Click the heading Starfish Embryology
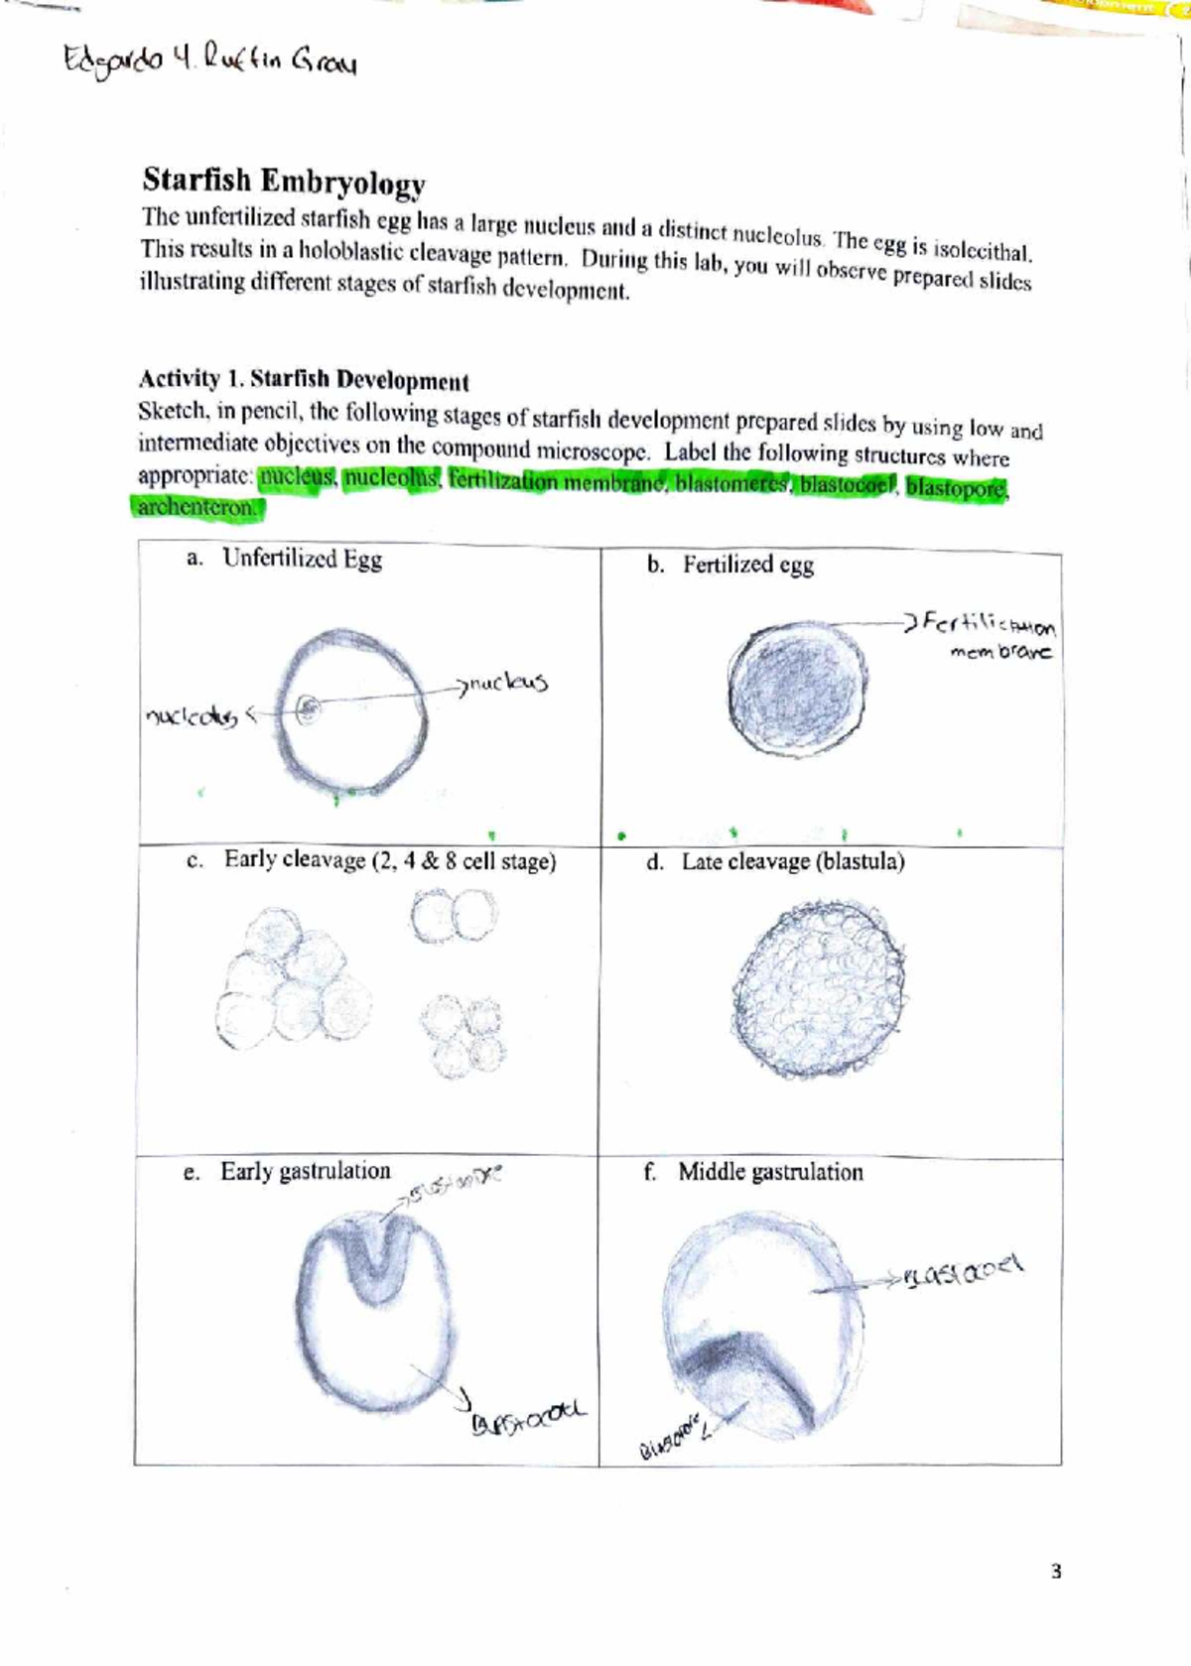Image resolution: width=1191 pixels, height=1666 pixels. pos(284,182)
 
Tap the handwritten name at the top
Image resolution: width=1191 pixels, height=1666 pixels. pos(209,62)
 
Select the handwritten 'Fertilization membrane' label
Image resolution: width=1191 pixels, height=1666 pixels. pos(989,636)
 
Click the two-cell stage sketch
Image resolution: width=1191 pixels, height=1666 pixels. pos(455,915)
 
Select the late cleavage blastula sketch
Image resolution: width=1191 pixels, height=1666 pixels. pos(819,989)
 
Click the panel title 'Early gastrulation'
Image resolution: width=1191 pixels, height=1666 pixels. pos(305,1171)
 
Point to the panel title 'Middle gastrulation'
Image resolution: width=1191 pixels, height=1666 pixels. pos(770,1172)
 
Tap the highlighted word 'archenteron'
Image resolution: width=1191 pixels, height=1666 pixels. pos(197,507)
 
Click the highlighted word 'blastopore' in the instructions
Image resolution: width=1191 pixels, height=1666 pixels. pos(956,488)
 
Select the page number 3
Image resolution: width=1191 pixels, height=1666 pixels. pos(1056,1571)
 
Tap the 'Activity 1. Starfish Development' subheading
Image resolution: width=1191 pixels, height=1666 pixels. pos(303,380)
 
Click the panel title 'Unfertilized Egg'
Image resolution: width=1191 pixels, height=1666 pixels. pos(302,559)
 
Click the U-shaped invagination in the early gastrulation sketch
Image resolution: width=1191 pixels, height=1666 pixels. pos(375,1255)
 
